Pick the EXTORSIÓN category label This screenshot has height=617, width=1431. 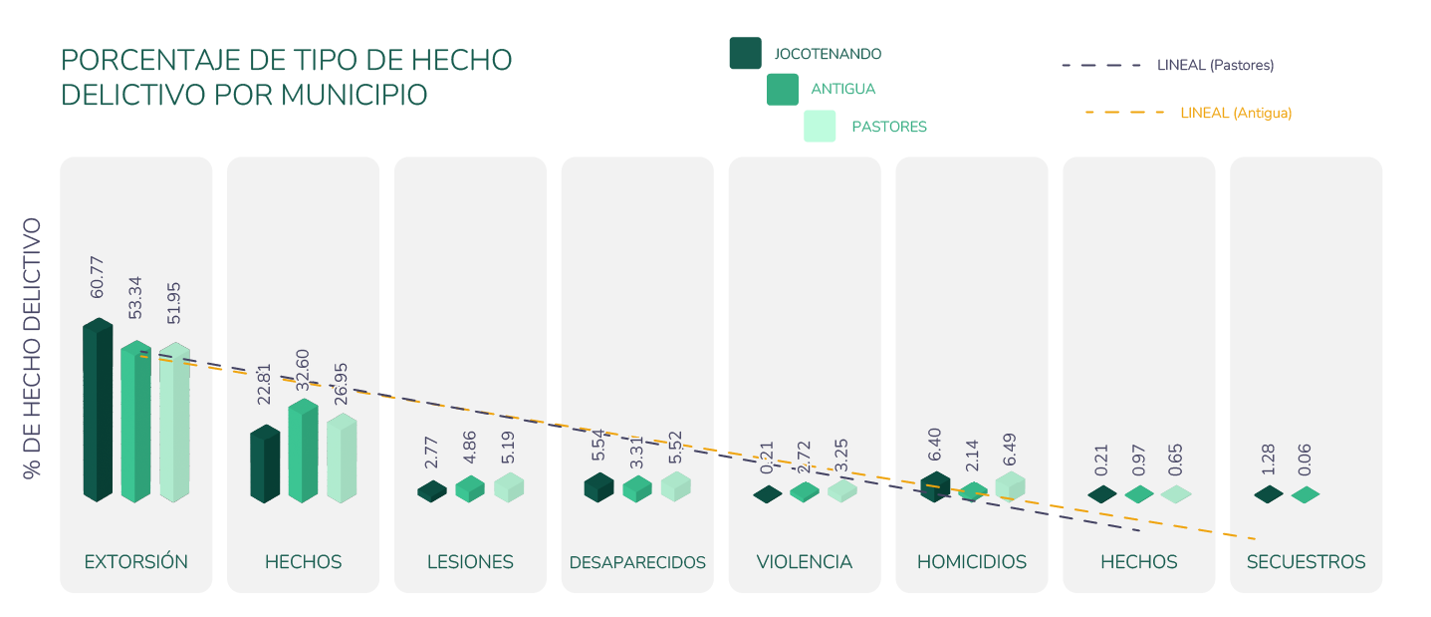(136, 562)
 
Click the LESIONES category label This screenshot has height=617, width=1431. (470, 562)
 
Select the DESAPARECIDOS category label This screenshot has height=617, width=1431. (637, 563)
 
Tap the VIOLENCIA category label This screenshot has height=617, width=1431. (804, 562)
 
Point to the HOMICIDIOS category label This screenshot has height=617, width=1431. (971, 562)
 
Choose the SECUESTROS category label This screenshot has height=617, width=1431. (1306, 562)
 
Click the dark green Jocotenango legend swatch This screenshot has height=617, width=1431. (745, 53)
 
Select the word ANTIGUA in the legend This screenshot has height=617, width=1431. (843, 90)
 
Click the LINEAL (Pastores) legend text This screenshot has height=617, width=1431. (1216, 66)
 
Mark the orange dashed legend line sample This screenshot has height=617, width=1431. (1124, 113)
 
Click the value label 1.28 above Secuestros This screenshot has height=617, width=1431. (1268, 459)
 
